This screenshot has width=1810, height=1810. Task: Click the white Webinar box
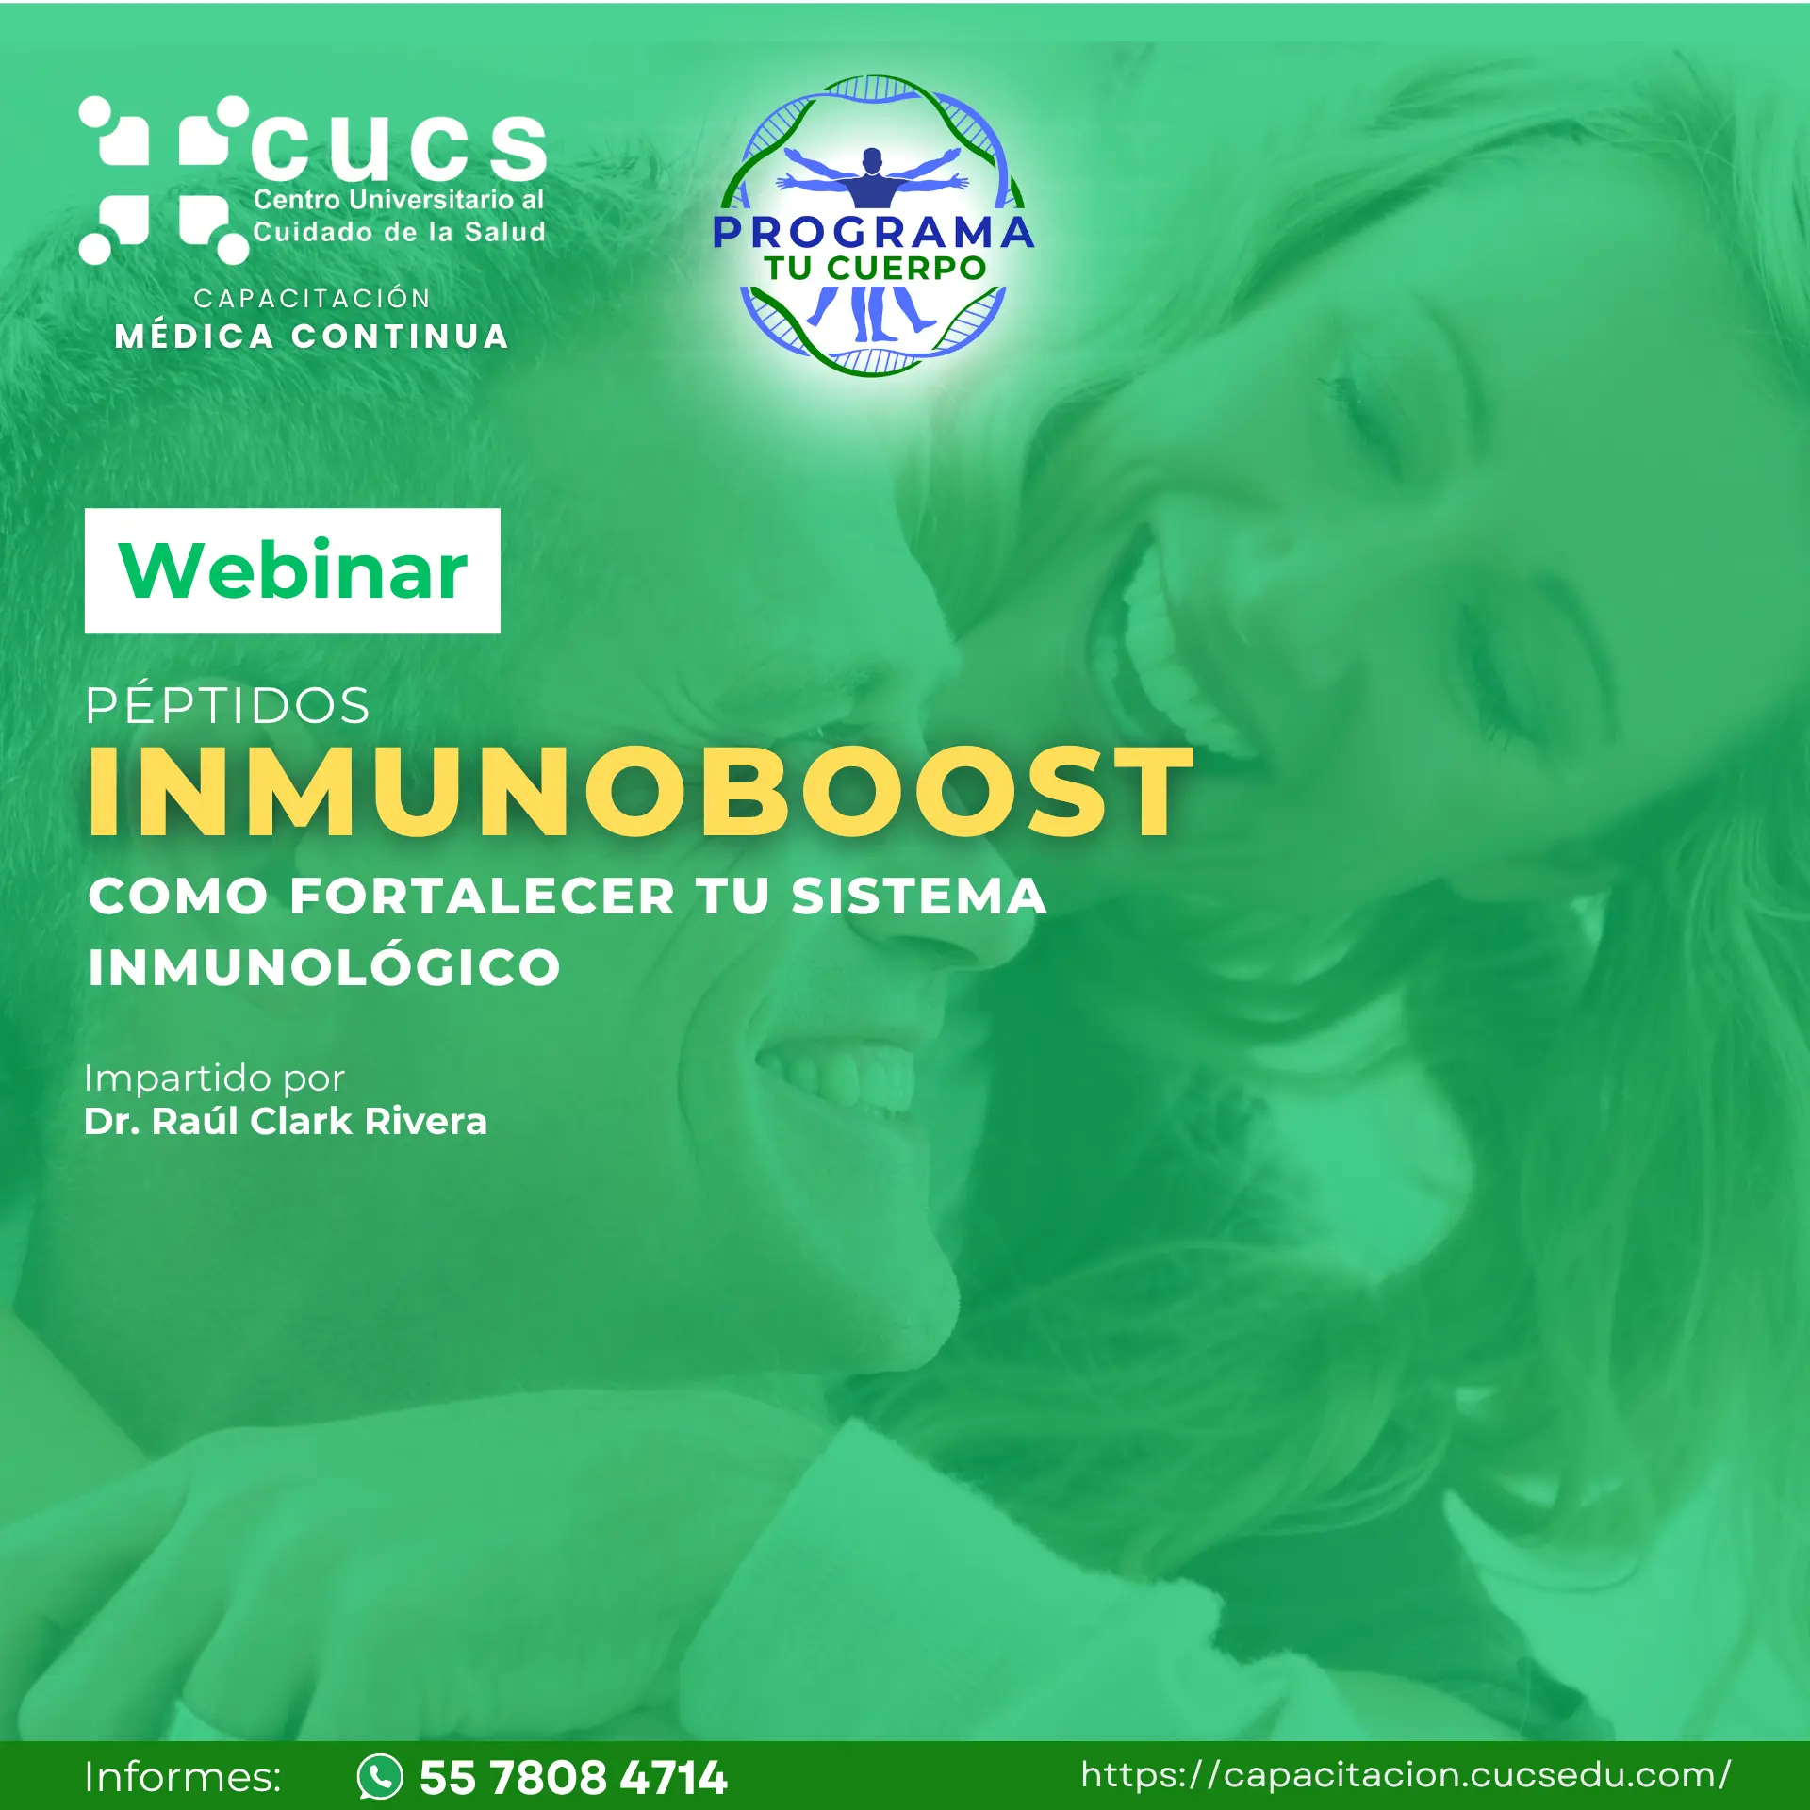click(x=292, y=570)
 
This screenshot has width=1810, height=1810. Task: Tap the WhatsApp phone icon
click(x=380, y=1777)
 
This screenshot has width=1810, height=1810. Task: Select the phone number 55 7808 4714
click(x=573, y=1778)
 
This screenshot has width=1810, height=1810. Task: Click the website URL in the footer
click(x=1406, y=1775)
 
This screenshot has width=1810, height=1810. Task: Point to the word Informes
click(x=183, y=1777)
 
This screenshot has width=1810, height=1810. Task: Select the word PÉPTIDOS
click(x=227, y=705)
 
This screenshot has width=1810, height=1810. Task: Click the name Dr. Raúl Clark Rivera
click(x=286, y=1121)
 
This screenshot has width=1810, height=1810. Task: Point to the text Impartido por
click(x=214, y=1078)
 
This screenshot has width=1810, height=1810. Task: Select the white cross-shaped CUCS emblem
click(x=164, y=180)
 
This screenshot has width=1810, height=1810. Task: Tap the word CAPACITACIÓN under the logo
click(x=312, y=298)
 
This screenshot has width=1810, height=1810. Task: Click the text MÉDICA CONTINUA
click(x=311, y=337)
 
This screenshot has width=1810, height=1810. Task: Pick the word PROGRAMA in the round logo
click(x=873, y=233)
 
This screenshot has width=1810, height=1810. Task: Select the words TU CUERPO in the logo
click(x=875, y=268)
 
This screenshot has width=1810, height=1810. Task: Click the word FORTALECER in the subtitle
click(x=482, y=896)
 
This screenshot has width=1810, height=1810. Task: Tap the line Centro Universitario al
click(x=399, y=200)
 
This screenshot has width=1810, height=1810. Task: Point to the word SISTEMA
click(x=918, y=896)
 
